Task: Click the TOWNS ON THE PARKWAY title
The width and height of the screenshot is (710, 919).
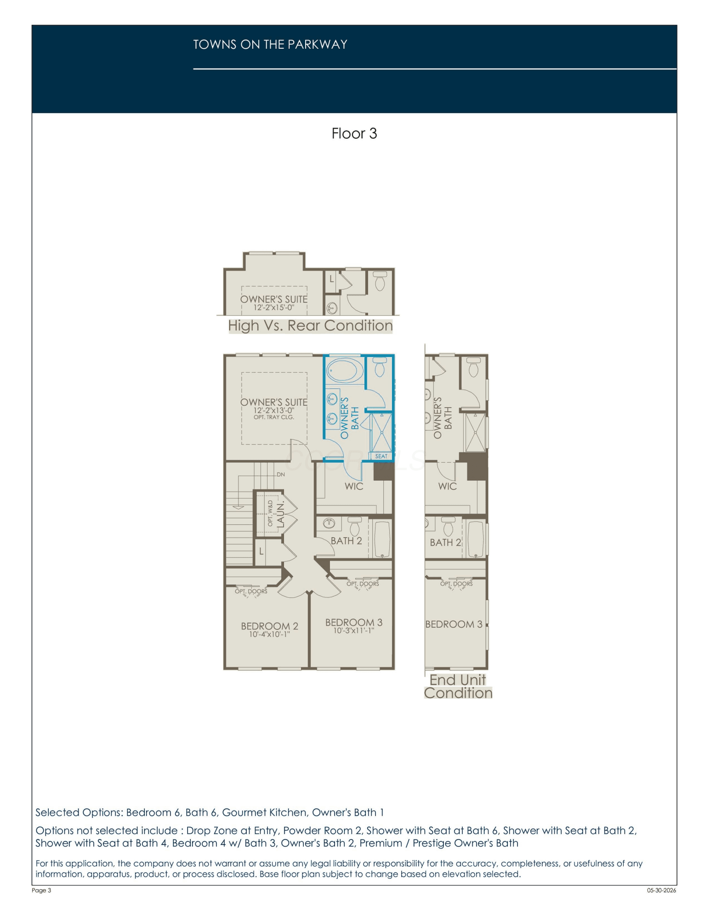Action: pos(270,45)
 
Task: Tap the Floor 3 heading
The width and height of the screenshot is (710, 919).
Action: pos(354,134)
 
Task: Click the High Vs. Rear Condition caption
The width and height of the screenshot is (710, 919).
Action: pos(311,326)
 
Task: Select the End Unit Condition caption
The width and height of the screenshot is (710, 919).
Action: pos(458,686)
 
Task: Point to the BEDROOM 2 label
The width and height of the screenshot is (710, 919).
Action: pos(270,626)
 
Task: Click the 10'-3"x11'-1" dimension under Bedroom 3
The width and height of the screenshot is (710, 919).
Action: pos(354,631)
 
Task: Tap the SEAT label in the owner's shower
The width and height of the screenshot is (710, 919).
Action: pos(381,456)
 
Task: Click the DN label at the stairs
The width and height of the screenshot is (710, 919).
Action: pos(281,474)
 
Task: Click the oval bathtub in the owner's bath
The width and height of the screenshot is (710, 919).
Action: pos(345,370)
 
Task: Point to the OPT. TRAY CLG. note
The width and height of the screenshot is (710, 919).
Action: pos(274,417)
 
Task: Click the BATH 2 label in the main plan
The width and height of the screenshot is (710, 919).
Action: pos(346,541)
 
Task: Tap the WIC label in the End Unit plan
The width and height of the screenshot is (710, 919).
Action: pos(448,486)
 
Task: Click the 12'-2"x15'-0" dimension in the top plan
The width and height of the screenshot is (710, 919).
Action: pos(274,308)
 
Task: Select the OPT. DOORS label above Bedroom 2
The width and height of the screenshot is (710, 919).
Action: pos(251,591)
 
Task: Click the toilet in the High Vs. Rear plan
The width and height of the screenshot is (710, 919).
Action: pos(380,281)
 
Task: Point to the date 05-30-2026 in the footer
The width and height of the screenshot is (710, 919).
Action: pos(661,890)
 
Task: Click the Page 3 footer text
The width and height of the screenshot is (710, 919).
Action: pos(41,890)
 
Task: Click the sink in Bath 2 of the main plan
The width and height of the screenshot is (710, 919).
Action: pos(329,523)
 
